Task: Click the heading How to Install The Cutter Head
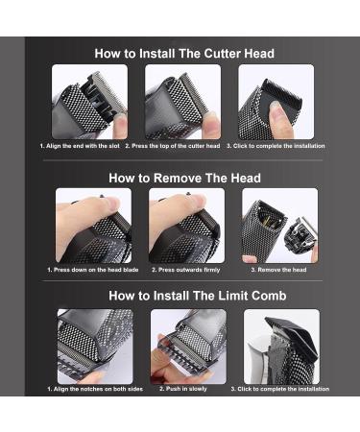click(184, 54)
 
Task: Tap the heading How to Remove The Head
click(184, 178)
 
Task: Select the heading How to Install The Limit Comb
click(197, 296)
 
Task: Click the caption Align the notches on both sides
click(95, 389)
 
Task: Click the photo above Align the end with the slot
click(89, 102)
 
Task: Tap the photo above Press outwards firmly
click(186, 226)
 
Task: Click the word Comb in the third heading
click(269, 296)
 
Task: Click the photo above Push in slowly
click(188, 347)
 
